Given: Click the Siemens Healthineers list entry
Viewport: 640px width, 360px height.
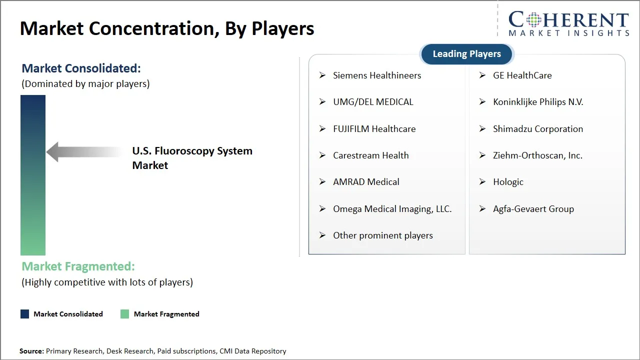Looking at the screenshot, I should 377,75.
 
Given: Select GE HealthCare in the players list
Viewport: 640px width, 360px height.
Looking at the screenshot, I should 522,75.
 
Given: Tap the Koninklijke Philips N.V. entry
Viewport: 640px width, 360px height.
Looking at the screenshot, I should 538,102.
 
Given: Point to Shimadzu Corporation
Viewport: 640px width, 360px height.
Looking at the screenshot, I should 538,129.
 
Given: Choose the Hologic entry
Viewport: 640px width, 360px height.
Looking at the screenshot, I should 508,182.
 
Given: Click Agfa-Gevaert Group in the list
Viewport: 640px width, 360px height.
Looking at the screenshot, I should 533,209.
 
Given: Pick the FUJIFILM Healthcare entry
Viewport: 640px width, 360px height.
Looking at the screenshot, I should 374,129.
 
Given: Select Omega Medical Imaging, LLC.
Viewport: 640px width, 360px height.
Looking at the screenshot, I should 392,209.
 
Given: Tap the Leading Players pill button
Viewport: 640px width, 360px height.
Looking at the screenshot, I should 466,54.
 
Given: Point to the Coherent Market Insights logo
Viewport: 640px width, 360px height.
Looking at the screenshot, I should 568,23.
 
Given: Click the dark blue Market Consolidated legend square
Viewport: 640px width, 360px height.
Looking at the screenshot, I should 24,314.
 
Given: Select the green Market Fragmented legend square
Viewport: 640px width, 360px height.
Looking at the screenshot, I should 125,314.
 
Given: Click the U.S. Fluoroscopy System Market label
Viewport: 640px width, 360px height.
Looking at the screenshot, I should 192,158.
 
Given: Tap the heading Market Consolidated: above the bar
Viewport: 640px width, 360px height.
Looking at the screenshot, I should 81,68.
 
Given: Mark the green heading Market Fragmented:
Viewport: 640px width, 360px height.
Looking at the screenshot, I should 78,266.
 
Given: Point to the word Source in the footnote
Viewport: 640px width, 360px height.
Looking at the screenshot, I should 31,351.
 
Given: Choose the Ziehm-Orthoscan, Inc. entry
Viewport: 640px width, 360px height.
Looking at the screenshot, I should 537,155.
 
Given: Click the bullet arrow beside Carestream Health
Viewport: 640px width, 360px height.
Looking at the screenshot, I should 322,155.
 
